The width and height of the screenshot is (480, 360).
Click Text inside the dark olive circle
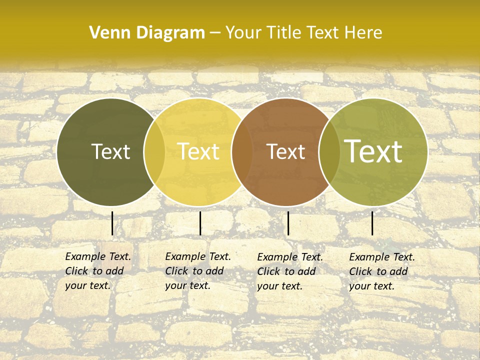pyautogui.click(x=110, y=152)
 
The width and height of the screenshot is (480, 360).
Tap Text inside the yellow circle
pyautogui.click(x=198, y=152)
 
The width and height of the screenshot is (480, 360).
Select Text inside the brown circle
pyautogui.click(x=286, y=152)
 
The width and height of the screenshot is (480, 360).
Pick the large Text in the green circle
pyautogui.click(x=373, y=151)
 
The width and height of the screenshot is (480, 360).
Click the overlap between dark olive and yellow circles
pyautogui.click(x=154, y=152)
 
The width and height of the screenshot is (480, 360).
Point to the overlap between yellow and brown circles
pyautogui.click(x=242, y=152)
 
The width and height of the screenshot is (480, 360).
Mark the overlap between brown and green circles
pyautogui.click(x=329, y=152)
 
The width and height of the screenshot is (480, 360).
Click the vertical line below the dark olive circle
pyautogui.click(x=112, y=223)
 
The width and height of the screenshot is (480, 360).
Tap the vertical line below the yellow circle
pyautogui.click(x=200, y=223)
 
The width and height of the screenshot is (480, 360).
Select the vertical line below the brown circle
pyautogui.click(x=288, y=223)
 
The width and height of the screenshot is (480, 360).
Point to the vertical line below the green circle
pyautogui.click(x=372, y=223)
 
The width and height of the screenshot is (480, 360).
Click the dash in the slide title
pyautogui.click(x=215, y=33)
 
